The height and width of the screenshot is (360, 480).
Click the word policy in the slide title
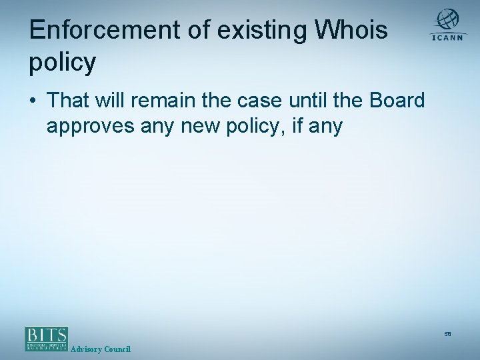click(63, 63)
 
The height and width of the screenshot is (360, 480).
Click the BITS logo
click(47, 338)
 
